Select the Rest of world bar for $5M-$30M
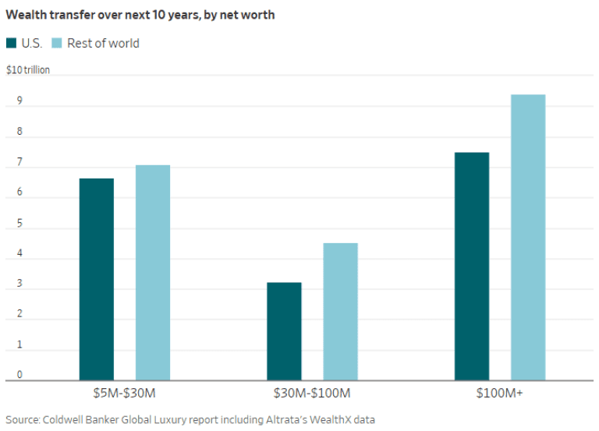pyautogui.click(x=153, y=273)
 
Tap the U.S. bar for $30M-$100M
pyautogui.click(x=284, y=331)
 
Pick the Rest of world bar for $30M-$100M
pyautogui.click(x=340, y=312)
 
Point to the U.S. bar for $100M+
pyautogui.click(x=472, y=266)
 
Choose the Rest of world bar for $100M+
pyautogui.click(x=528, y=237)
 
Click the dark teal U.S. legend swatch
pyautogui.click(x=11, y=43)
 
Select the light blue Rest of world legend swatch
pyautogui.click(x=57, y=43)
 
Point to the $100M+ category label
pyautogui.click(x=500, y=394)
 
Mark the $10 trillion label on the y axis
pyautogui.click(x=28, y=70)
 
